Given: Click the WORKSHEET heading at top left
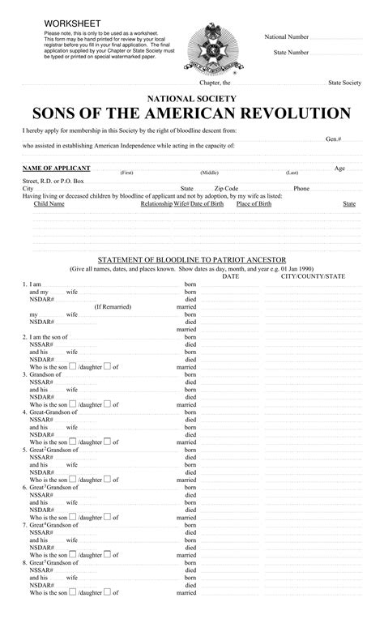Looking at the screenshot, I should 70,22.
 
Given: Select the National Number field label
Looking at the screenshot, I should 287,37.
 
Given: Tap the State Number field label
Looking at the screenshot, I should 291,52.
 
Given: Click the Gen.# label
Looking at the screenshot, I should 333,139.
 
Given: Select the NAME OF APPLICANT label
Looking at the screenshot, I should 56,168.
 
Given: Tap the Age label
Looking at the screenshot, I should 339,168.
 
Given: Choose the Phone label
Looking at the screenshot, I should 301,188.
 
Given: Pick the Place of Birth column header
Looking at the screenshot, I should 254,204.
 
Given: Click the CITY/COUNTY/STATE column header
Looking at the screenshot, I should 313,276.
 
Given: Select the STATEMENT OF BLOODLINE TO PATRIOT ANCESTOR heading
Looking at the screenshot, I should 192,259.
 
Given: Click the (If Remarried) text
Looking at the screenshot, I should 112,307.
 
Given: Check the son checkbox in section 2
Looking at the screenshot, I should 73,366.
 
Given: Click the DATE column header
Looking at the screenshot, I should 231,276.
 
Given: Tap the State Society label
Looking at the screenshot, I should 344,83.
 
